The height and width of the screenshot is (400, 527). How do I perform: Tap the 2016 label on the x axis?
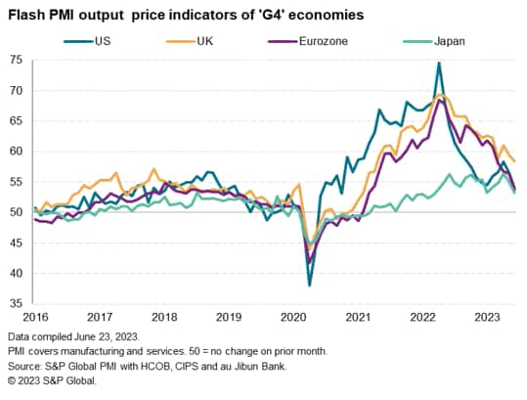pyautogui.click(x=34, y=317)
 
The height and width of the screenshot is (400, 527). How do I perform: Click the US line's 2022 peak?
pyautogui.click(x=439, y=64)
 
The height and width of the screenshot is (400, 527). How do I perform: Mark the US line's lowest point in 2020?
pyautogui.click(x=310, y=285)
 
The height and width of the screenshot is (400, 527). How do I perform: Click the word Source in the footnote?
pyautogui.click(x=25, y=363)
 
